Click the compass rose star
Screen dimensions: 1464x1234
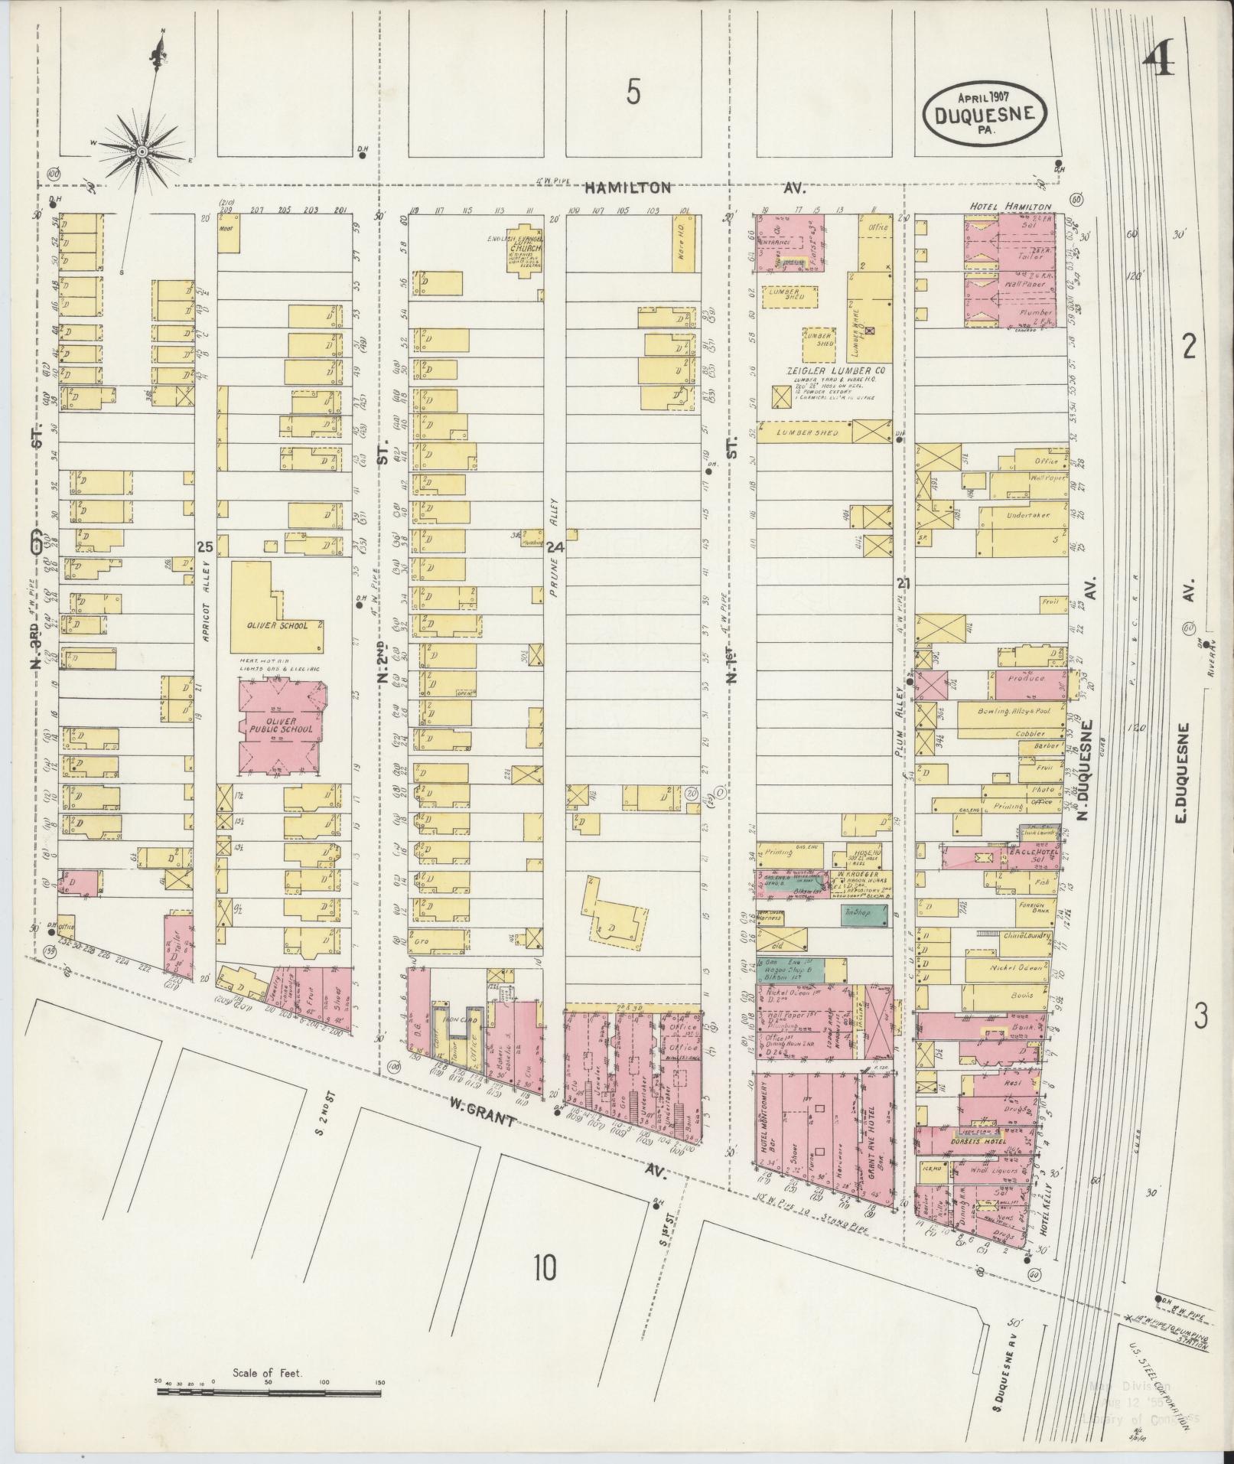142,152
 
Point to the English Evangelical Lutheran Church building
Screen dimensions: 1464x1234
524,249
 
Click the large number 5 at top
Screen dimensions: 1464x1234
633,93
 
